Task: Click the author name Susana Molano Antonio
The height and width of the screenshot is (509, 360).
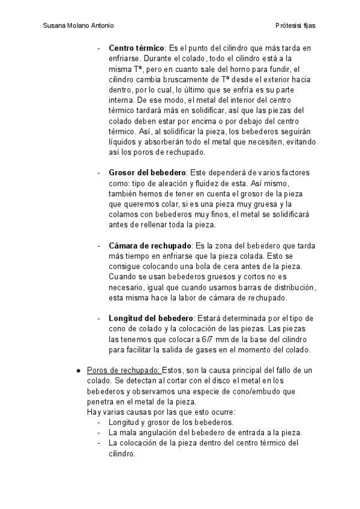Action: click(x=79, y=26)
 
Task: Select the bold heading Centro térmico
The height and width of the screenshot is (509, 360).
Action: click(x=137, y=48)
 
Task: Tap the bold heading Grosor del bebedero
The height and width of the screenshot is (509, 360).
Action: click(x=148, y=173)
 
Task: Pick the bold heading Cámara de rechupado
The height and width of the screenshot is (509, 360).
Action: click(x=150, y=246)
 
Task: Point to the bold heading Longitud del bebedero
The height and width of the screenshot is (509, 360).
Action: click(x=151, y=318)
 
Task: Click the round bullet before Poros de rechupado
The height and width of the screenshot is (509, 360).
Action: click(x=78, y=370)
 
